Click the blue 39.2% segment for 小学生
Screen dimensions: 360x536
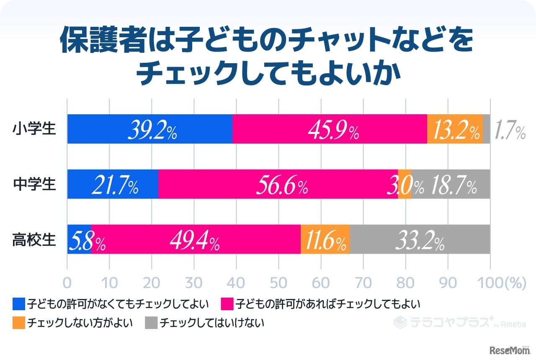149,129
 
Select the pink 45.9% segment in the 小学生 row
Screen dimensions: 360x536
330,129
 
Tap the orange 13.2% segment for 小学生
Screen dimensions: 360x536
455,129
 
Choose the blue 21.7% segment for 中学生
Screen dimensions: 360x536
113,184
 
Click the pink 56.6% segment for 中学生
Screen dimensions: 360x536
278,184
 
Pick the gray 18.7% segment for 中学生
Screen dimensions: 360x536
451,184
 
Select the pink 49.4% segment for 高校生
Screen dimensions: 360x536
196,239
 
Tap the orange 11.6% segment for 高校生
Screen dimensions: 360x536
325,239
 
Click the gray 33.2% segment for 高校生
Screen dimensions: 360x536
420,239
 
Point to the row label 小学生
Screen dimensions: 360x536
34,129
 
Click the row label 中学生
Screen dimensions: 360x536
34,184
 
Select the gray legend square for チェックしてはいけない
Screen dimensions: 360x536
151,323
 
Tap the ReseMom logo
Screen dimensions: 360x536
507,348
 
